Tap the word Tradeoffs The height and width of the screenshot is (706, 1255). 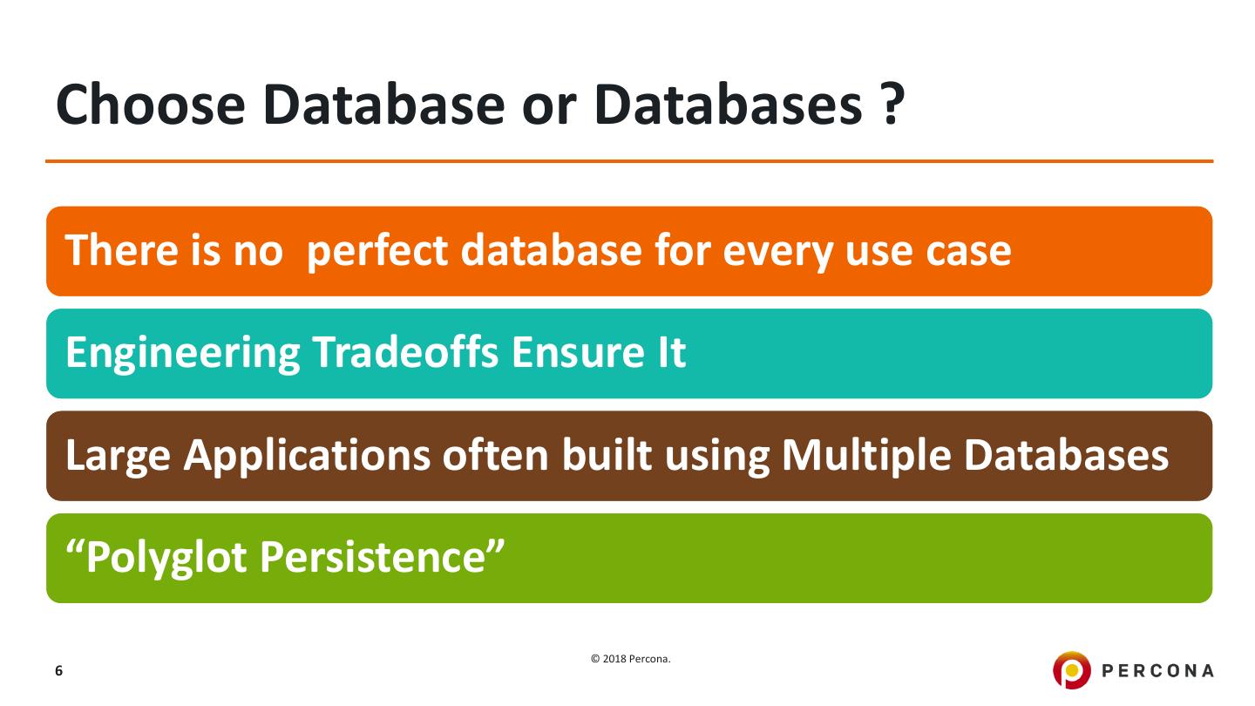405,353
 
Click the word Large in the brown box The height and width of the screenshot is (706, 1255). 118,456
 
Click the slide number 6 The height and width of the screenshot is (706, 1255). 58,671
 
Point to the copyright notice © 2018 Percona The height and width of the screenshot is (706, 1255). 630,660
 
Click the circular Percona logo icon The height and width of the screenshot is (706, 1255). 1071,670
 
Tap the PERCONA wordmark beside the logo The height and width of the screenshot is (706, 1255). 1158,671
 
